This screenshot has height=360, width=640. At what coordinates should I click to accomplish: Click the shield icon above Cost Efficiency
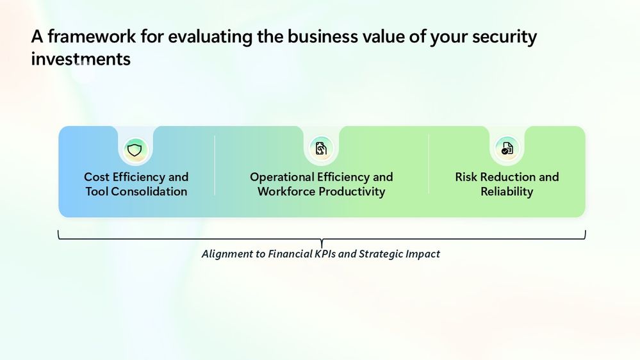click(x=135, y=149)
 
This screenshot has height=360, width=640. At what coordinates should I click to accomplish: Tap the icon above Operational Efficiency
click(x=321, y=149)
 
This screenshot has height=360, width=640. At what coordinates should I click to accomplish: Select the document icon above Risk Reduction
click(x=507, y=148)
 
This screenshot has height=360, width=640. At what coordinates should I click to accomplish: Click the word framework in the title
click(x=92, y=37)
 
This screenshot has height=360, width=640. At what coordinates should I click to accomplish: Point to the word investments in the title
click(x=81, y=59)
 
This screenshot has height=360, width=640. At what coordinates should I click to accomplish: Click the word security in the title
click(x=504, y=37)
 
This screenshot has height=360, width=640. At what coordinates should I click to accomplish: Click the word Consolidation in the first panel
click(x=149, y=192)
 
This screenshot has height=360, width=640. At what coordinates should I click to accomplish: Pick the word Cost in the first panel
click(x=97, y=177)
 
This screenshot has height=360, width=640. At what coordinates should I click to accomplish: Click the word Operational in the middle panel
click(x=282, y=177)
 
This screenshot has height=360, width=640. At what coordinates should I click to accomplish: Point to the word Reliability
click(x=507, y=192)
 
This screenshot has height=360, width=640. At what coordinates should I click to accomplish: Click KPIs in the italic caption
click(x=325, y=254)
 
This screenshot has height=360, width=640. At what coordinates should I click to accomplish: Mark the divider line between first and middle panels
click(x=215, y=165)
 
